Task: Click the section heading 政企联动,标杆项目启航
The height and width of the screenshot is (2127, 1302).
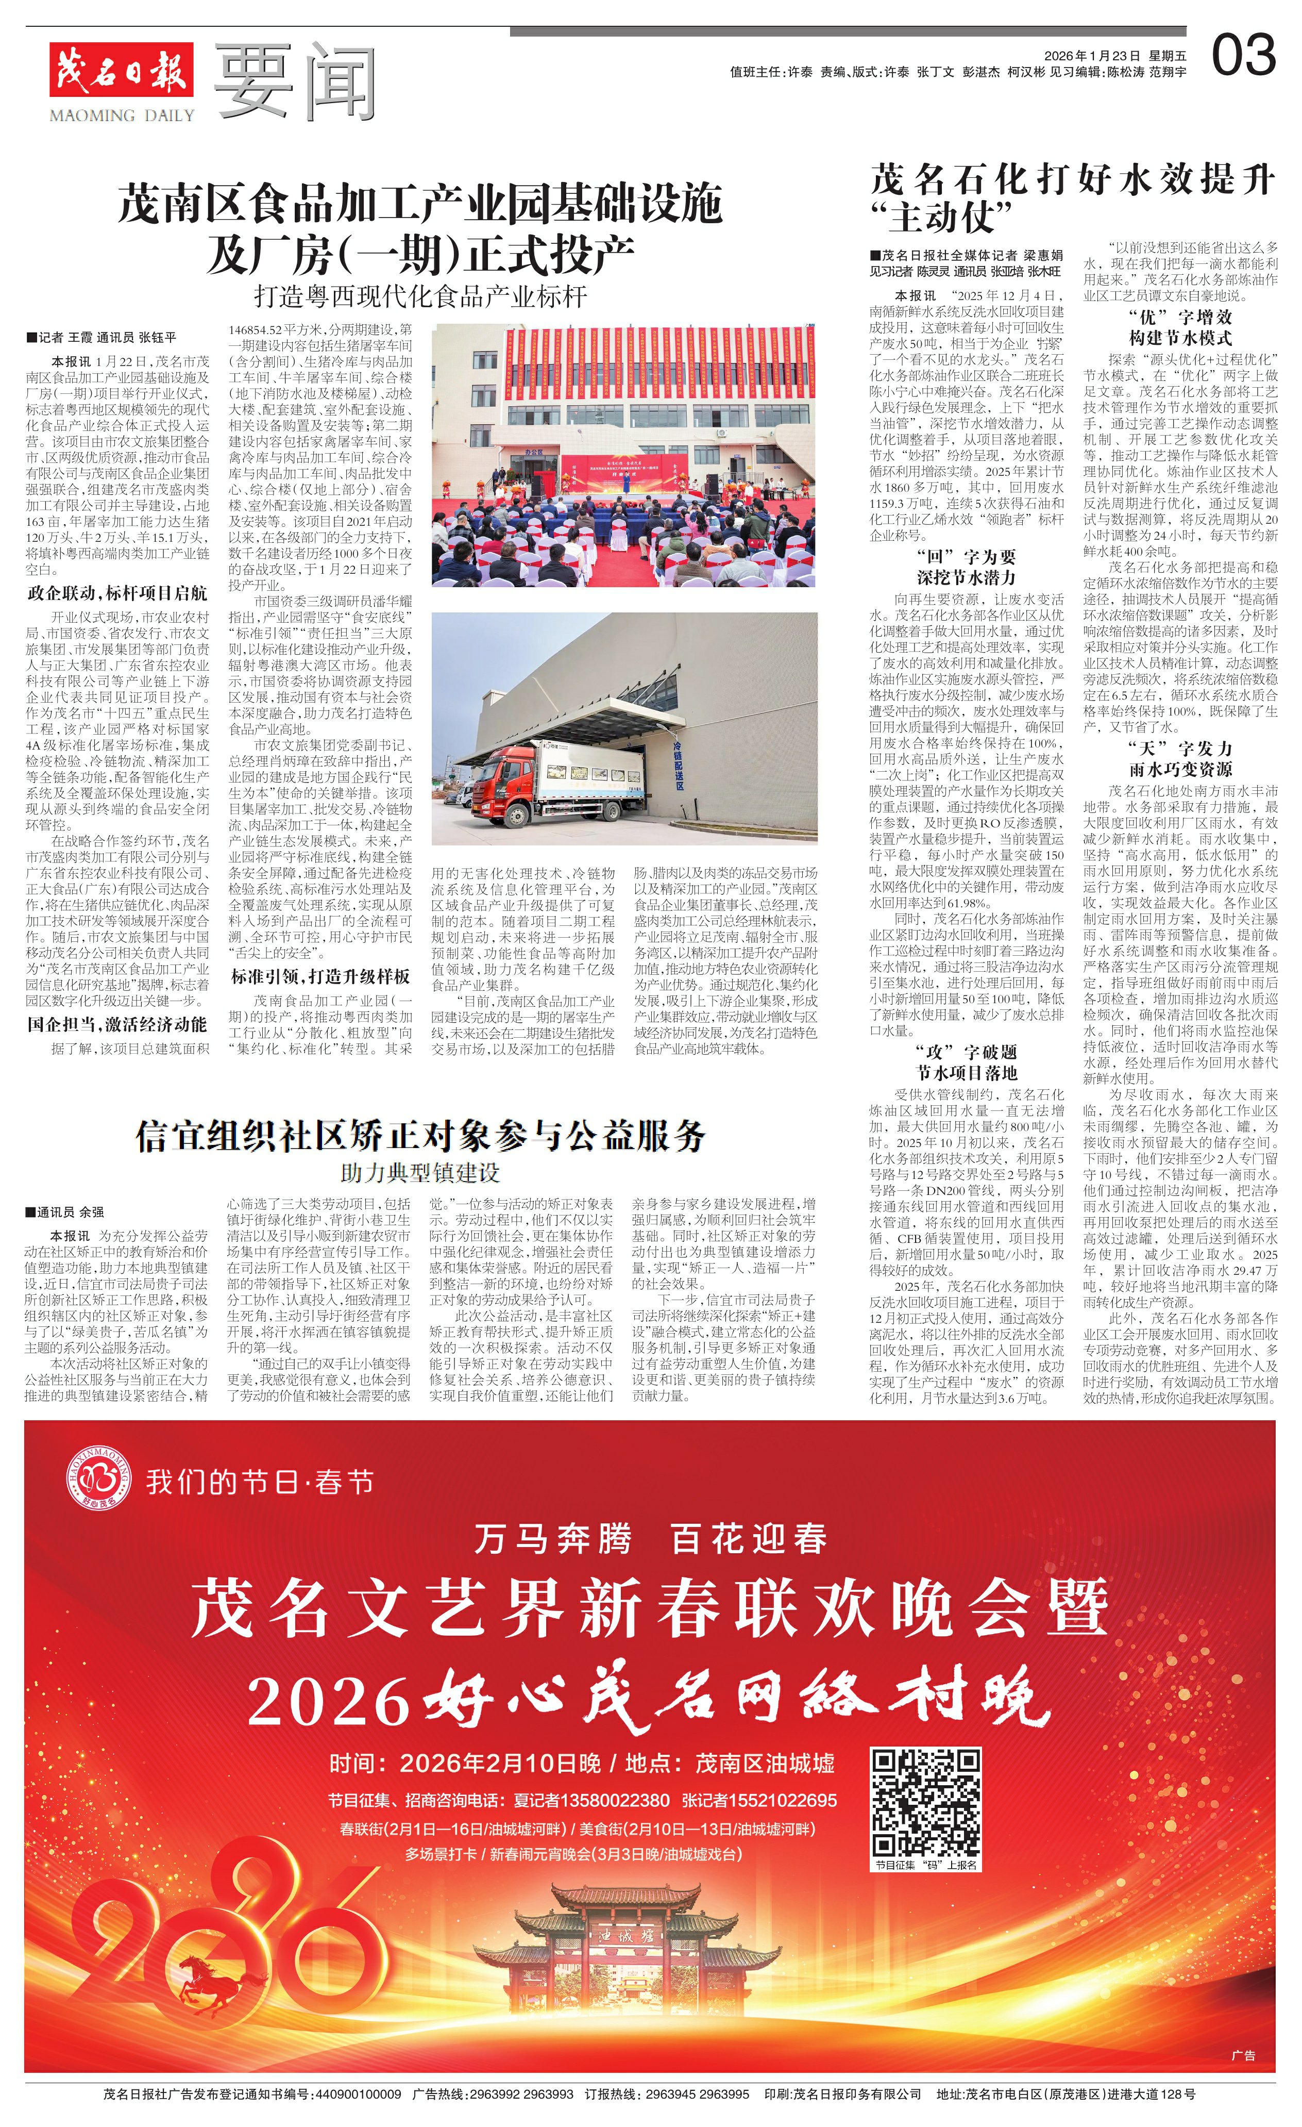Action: coord(117,593)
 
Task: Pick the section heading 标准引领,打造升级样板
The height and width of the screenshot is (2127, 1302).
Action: coord(320,976)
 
